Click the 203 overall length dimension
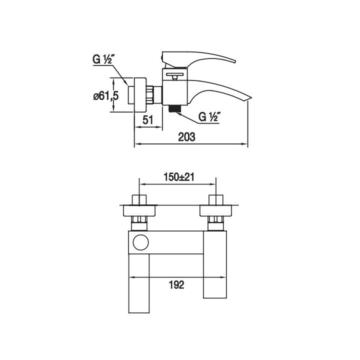(x=186, y=137)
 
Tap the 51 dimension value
(x=147, y=120)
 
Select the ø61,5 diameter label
(x=106, y=95)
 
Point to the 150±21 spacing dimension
(x=179, y=177)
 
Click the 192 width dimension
(x=176, y=285)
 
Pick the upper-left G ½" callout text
(x=102, y=59)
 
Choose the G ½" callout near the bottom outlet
(x=208, y=117)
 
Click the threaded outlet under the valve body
(x=174, y=108)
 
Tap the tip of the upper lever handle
(x=234, y=61)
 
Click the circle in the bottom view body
(x=140, y=242)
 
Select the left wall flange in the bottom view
(x=139, y=211)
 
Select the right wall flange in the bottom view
(x=216, y=211)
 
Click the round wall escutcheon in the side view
(x=140, y=95)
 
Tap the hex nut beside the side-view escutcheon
(x=149, y=95)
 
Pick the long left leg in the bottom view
(x=139, y=283)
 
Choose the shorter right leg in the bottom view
(x=215, y=264)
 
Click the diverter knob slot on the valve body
(x=175, y=74)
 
